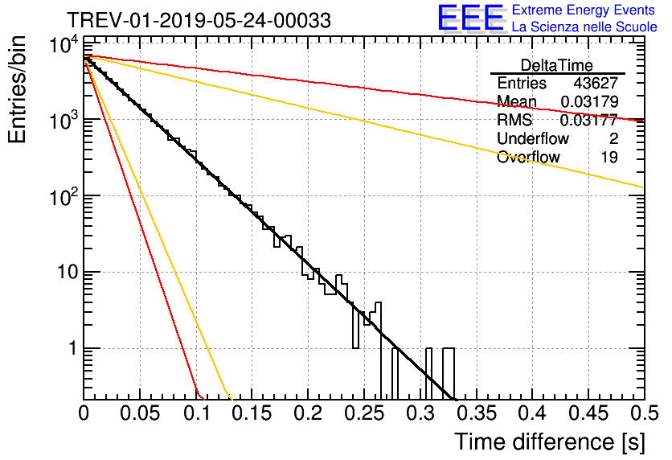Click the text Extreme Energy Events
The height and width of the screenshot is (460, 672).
(x=584, y=10)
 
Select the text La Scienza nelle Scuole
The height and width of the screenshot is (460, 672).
(x=584, y=27)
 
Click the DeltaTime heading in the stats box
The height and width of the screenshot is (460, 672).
(x=557, y=65)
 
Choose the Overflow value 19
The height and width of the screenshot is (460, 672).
(x=609, y=158)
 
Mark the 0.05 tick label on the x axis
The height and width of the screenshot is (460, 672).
(x=140, y=413)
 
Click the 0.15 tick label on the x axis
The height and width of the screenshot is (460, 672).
(x=252, y=413)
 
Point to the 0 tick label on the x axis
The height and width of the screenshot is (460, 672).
(x=84, y=413)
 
